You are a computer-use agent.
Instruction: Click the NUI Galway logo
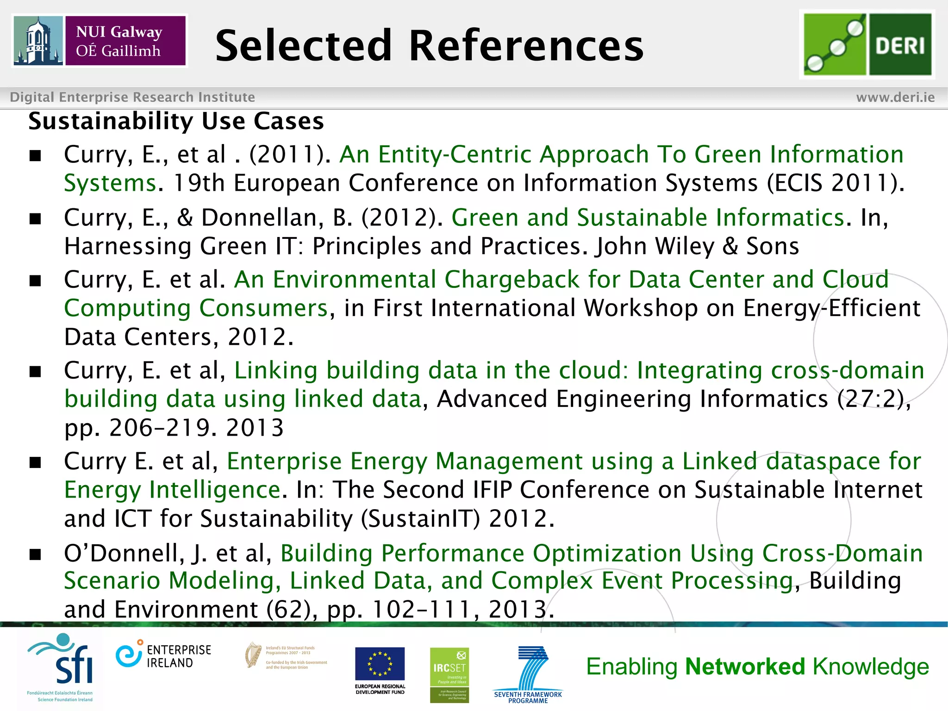[x=100, y=41]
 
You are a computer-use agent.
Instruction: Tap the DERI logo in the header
[x=867, y=44]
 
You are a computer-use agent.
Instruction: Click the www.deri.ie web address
[x=895, y=97]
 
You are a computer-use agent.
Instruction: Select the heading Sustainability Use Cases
[x=176, y=121]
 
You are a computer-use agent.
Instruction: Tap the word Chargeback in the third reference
[x=511, y=280]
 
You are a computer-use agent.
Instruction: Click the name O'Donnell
[x=124, y=553]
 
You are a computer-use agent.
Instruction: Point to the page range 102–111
[x=421, y=610]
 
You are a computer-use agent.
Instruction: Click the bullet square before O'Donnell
[x=35, y=554]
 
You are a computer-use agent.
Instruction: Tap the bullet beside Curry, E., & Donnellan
[x=35, y=218]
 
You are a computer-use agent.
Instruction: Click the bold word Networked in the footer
[x=745, y=667]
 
